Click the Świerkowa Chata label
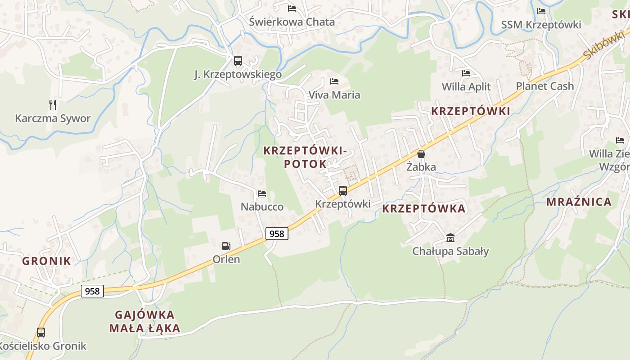[x=292, y=22]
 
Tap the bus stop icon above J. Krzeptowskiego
[x=238, y=61]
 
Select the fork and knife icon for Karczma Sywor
[x=53, y=105]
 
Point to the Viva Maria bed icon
[x=334, y=81]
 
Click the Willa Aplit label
[x=466, y=86]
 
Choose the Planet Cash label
[x=544, y=86]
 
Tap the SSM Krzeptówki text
[x=541, y=25]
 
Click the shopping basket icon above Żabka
[x=421, y=154]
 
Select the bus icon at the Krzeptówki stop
[x=342, y=191]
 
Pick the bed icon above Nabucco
[x=261, y=193]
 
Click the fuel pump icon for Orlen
[x=226, y=246]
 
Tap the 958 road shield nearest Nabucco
[x=276, y=234]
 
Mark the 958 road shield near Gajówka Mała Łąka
[x=92, y=291]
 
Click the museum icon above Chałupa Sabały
[x=450, y=238]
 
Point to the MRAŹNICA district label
[x=579, y=202]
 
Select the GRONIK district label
[x=46, y=261]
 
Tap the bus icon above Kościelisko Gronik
[x=41, y=333]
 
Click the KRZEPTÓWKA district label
[x=423, y=209]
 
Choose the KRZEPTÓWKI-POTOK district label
[x=305, y=157]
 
